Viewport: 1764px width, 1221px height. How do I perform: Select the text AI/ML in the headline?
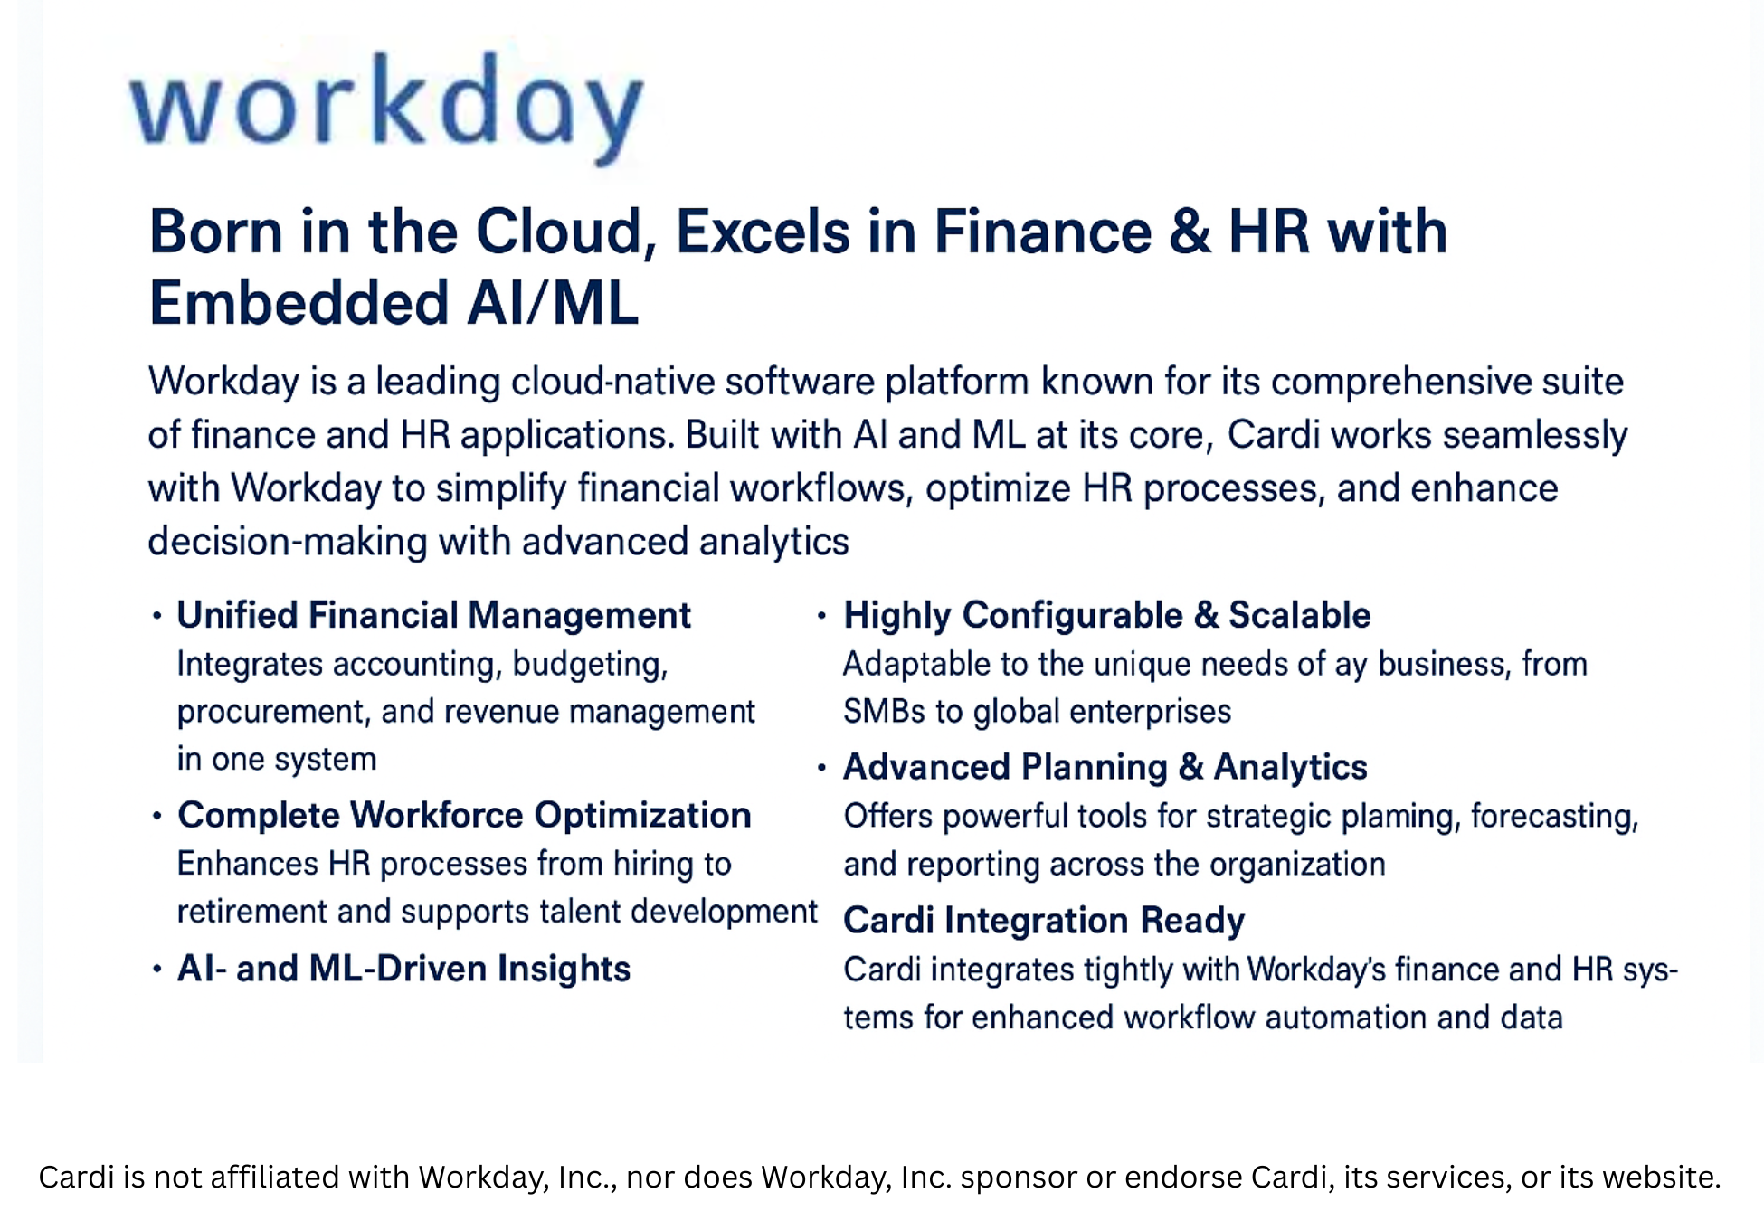point(552,304)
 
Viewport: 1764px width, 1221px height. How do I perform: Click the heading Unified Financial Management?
point(433,615)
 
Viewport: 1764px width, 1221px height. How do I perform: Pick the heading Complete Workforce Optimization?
point(464,815)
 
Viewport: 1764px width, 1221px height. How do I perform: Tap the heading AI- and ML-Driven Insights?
point(403,969)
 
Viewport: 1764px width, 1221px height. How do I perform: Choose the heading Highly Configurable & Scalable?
point(1106,615)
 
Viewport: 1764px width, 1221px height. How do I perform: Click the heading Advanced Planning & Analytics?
point(1105,767)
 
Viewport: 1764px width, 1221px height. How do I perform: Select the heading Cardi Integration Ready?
point(1044,921)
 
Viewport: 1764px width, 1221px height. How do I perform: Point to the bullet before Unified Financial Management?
point(157,616)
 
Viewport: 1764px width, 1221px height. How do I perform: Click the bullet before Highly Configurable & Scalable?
point(821,616)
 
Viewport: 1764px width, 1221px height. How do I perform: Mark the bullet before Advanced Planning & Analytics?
point(821,768)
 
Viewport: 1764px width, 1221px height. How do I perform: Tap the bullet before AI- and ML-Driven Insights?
point(157,970)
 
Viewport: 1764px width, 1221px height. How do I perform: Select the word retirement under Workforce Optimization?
point(251,912)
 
